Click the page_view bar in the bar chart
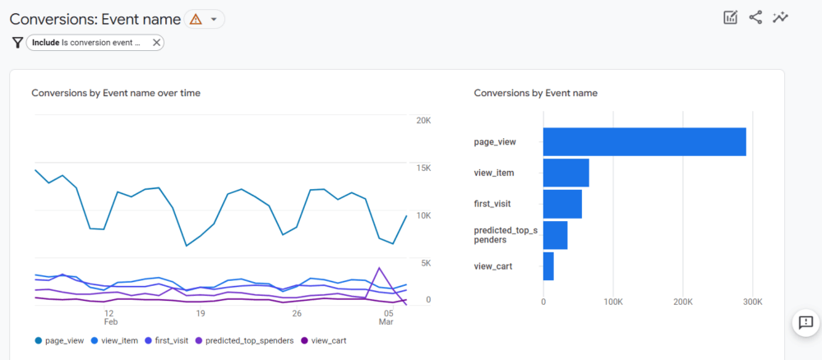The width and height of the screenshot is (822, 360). click(644, 141)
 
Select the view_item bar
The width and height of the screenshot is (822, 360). click(566, 173)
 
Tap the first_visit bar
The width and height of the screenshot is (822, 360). click(562, 204)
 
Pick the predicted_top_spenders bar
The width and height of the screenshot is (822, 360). click(555, 235)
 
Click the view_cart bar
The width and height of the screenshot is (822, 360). click(548, 266)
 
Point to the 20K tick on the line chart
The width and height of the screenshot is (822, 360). click(423, 121)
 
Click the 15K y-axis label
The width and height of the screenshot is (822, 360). click(423, 168)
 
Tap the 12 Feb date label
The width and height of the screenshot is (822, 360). click(109, 319)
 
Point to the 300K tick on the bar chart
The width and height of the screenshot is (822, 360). click(751, 302)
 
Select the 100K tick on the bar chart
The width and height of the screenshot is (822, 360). click(612, 302)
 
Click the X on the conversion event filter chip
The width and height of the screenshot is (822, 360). click(156, 43)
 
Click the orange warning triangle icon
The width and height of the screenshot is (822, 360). click(196, 19)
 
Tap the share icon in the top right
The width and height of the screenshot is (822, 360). click(755, 17)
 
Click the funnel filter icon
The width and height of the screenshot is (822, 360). click(16, 43)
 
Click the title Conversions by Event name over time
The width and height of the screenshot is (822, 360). click(116, 93)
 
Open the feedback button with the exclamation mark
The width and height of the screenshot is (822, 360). click(806, 322)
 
